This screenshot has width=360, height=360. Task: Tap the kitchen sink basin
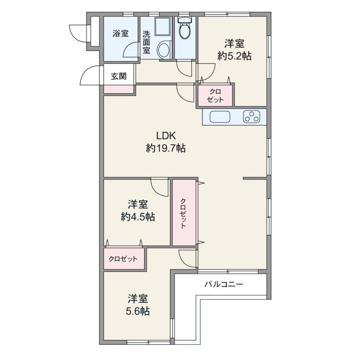point(220,117)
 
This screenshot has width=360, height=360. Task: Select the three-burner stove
point(252,117)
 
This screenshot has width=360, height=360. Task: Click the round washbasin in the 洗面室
point(164,50)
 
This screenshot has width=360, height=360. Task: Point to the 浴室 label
point(121,33)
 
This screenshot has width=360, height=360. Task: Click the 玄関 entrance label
point(119,76)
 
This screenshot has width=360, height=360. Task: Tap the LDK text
point(166,136)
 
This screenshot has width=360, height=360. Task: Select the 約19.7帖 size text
point(166,148)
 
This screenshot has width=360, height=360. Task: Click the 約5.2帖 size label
point(234,56)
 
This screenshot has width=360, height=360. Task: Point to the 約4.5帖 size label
point(138,217)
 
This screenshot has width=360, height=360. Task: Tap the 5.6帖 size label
point(138,311)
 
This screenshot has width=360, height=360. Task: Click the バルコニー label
point(224,285)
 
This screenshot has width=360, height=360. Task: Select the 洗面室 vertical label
point(146,42)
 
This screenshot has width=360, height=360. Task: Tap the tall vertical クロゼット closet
point(184,213)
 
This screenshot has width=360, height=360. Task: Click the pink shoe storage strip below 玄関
point(119,89)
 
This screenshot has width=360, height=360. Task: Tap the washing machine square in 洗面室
point(162,27)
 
